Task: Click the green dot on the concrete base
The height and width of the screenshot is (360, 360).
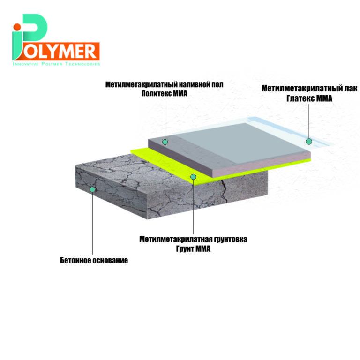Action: (92, 189)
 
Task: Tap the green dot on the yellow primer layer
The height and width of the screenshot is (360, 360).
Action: (194, 177)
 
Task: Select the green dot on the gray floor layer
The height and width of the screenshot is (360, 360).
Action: (165, 142)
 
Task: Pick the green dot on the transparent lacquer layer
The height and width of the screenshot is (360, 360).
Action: (309, 142)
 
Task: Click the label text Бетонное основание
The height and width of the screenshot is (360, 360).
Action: (94, 260)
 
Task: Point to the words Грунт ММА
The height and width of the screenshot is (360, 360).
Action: (193, 248)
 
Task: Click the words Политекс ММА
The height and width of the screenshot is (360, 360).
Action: (165, 93)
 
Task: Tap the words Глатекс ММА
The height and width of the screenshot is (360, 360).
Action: (309, 98)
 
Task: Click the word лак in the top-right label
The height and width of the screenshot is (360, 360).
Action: (351, 89)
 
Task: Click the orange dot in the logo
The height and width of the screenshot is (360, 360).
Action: (17, 27)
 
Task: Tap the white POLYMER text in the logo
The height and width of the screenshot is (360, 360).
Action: (60, 52)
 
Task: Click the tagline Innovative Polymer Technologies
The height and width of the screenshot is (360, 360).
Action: (56, 64)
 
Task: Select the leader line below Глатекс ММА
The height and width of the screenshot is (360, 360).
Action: (309, 121)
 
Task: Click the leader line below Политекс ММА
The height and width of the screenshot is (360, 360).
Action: (165, 119)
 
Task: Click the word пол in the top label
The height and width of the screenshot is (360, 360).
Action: (217, 84)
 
